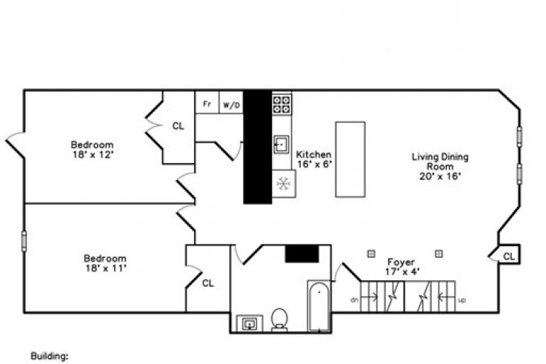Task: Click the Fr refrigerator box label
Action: pos(207,104)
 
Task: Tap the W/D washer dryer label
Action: pos(232,105)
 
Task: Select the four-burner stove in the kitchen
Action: pos(282,105)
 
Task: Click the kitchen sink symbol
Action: pos(282,145)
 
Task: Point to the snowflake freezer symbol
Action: pos(284,184)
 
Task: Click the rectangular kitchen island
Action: pos(350,159)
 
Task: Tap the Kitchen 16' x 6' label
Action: pos(313,159)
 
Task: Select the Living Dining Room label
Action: pos(440,166)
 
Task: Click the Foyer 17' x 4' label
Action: pos(402,266)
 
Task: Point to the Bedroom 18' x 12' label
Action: pos(93,150)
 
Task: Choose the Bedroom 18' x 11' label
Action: pos(105,263)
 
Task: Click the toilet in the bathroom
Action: pos(279,320)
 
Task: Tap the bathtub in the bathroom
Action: pos(319,306)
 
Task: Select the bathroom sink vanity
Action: pos(250,323)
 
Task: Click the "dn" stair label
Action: pos(354,300)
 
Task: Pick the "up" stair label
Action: pos(462,300)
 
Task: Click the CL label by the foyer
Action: pos(509,257)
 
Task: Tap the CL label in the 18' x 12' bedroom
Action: pos(179,126)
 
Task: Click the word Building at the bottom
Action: pos(50,356)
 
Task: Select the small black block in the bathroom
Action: pos(302,254)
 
